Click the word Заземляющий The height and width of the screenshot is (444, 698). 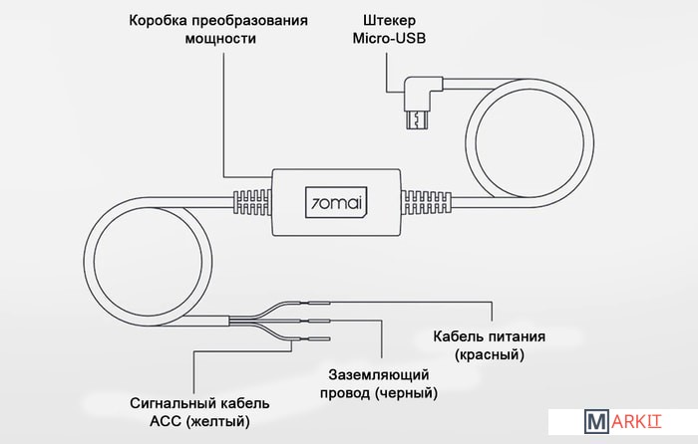[380, 375]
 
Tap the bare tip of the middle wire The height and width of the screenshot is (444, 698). [323, 321]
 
